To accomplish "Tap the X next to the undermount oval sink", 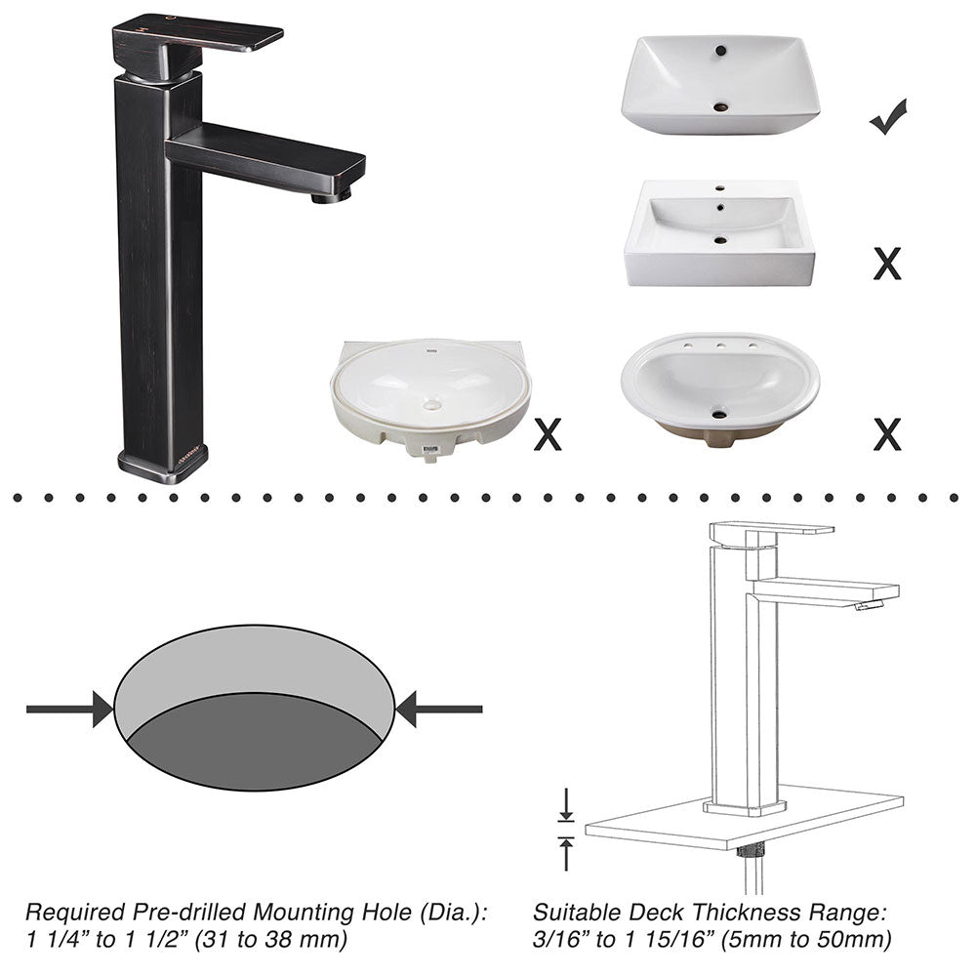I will (548, 434).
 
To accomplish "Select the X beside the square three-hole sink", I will (886, 263).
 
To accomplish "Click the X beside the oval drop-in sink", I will (886, 434).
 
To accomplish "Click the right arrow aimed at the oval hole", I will (438, 709).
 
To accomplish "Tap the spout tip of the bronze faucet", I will (332, 196).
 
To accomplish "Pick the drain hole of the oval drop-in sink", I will (719, 415).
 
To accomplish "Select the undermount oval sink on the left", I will (429, 395).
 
